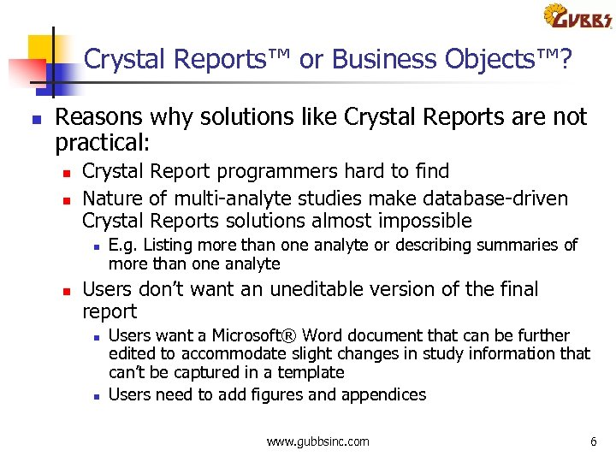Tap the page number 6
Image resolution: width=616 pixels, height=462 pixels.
[593, 441]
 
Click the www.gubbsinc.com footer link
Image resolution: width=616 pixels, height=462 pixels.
[318, 441]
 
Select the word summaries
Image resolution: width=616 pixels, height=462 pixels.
[523, 246]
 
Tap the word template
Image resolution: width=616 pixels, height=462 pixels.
[311, 372]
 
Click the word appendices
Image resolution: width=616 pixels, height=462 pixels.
[383, 394]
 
